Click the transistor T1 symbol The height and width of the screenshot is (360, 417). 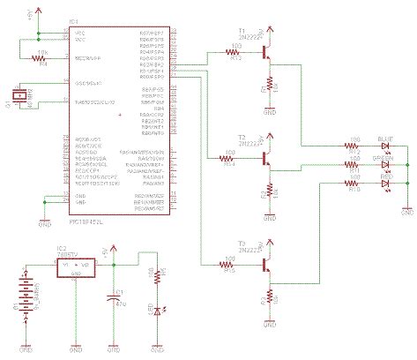(x=267, y=55)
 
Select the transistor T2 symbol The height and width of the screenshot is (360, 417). (x=267, y=159)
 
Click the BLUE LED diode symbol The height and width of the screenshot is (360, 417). (x=385, y=146)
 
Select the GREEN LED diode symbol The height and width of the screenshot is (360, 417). (x=385, y=164)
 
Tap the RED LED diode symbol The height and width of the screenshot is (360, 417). (x=385, y=182)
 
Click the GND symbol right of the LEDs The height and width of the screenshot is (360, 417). (x=407, y=209)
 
